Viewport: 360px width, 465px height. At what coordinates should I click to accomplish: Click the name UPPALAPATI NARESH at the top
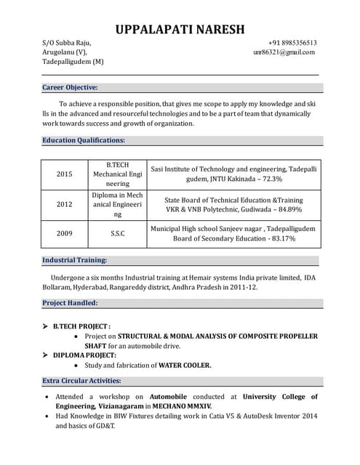180,29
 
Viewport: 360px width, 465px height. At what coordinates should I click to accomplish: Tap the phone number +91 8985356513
292,42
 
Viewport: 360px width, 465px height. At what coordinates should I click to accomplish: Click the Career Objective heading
70,87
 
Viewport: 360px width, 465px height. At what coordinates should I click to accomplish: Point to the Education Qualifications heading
84,140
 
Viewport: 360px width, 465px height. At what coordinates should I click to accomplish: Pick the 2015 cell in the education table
65,174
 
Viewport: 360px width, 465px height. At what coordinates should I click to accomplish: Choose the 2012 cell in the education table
65,205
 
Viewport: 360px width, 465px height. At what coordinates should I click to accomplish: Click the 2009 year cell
65,233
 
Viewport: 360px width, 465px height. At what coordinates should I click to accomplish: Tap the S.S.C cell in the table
118,233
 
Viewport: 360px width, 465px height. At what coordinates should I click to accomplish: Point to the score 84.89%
284,210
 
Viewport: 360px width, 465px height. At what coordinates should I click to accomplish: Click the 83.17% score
280,238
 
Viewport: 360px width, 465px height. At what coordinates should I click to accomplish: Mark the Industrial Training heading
75,259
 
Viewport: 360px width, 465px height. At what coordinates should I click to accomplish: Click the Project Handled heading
70,302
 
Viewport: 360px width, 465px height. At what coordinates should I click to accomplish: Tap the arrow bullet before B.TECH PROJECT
45,327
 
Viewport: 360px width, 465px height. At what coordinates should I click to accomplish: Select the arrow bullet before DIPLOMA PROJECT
45,355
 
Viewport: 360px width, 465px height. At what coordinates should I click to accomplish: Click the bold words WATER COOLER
185,365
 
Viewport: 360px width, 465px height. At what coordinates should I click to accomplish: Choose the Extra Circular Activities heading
81,381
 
